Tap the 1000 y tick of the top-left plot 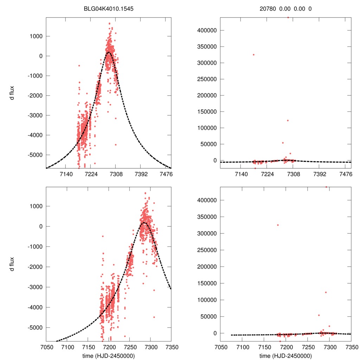pyautogui.click(x=36, y=36)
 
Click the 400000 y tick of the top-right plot pyautogui.click(x=206, y=30)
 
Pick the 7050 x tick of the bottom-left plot pyautogui.click(x=46, y=347)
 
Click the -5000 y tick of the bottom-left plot pyautogui.click(x=34, y=327)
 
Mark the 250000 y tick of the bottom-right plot pyautogui.click(x=206, y=250)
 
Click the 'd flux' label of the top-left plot pyautogui.click(x=12, y=94)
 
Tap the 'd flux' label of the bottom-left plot pyautogui.click(x=12, y=264)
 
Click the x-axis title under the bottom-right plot pyautogui.click(x=285, y=355)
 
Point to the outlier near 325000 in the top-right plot pyautogui.click(x=253, y=54)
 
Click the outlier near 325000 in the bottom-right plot pyautogui.click(x=278, y=225)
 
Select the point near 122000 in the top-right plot pyautogui.click(x=288, y=121)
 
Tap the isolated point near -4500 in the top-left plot pyautogui.click(x=116, y=144)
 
